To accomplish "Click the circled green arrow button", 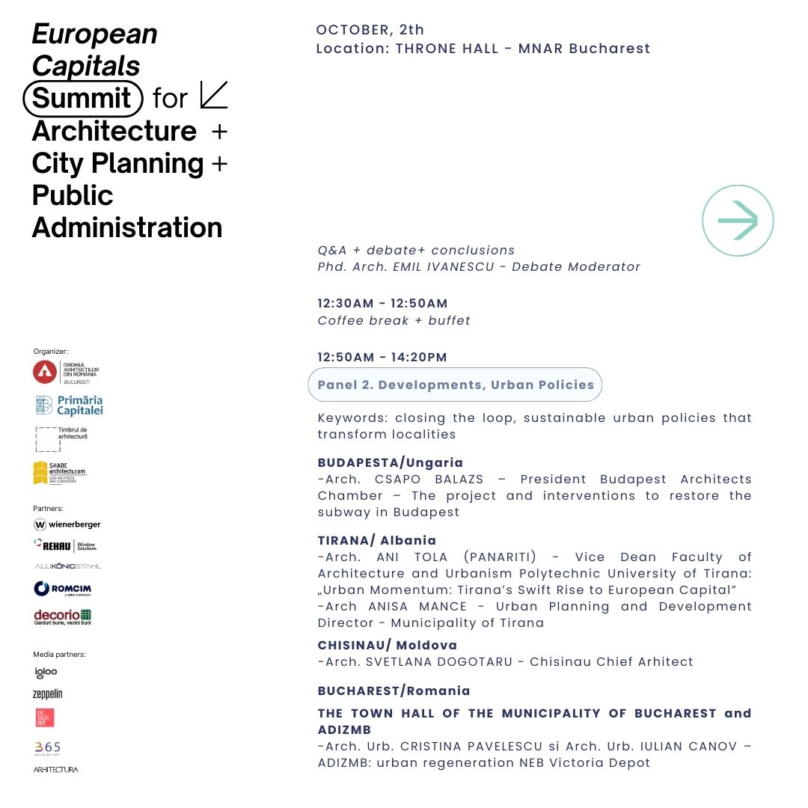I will click(738, 221).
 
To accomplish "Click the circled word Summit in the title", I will click(82, 98).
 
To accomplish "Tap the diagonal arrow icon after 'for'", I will click(214, 96).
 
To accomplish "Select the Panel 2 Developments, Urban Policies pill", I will click(455, 385).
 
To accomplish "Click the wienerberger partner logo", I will click(67, 524).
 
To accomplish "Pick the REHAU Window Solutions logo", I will click(66, 545).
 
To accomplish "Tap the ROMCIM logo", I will click(63, 589).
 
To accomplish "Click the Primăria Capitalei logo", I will click(69, 405).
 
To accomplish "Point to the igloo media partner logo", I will click(46, 673).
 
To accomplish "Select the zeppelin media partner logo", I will click(48, 694).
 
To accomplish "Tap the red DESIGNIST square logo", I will click(44, 717).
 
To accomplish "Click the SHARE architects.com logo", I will click(59, 473).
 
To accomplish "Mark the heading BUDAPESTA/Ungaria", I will click(391, 462).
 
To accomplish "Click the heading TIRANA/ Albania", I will click(377, 540).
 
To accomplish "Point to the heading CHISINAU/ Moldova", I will click(388, 645).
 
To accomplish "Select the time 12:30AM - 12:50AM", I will click(382, 303).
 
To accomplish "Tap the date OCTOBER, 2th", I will click(370, 30).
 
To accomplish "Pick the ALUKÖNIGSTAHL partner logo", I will click(67, 566).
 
